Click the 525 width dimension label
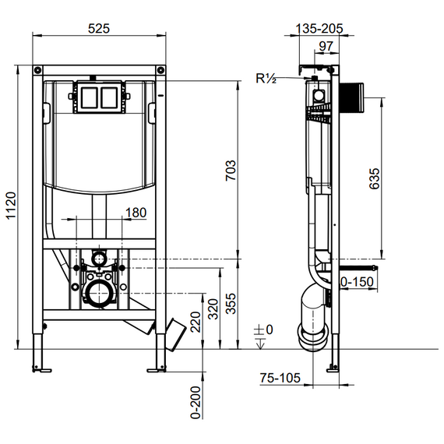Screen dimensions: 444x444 (x=99, y=29)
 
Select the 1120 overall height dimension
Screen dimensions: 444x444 (x=12, y=206)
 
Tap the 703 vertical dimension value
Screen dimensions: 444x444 (x=231, y=171)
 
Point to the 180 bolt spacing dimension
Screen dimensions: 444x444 (x=136, y=213)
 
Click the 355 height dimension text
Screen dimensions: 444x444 (x=231, y=304)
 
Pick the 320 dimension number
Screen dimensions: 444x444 (x=213, y=309)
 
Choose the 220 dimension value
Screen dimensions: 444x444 (x=196, y=322)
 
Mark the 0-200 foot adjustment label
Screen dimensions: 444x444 (x=196, y=402)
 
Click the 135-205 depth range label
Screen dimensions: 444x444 (x=319, y=28)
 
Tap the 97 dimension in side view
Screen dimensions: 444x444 (x=326, y=46)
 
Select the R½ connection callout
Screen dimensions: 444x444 (x=266, y=78)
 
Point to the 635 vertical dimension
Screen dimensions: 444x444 (x=375, y=178)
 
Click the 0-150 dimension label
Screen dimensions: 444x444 (x=357, y=282)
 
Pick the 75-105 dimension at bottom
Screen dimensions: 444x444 (x=280, y=378)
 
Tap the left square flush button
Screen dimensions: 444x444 (x=89, y=97)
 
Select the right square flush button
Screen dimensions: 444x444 (x=109, y=97)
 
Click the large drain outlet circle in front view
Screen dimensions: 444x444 (x=100, y=294)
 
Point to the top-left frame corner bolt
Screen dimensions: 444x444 (x=37, y=69)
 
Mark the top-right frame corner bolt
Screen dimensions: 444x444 (x=160, y=69)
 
